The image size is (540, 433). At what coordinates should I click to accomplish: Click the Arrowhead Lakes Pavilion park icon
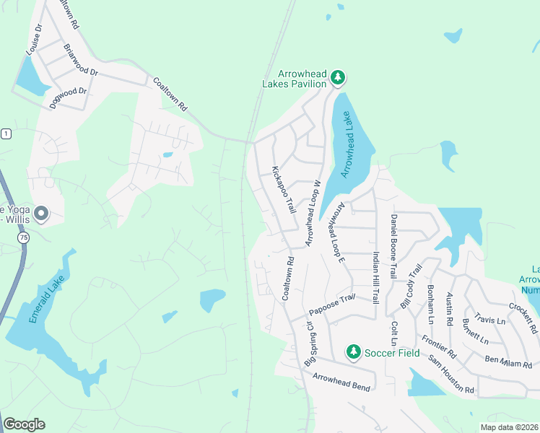point(337,76)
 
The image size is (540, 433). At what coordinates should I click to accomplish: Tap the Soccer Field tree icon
point(353,352)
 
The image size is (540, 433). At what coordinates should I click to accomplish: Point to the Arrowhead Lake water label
point(349,144)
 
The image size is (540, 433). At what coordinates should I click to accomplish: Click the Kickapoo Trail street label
point(284,190)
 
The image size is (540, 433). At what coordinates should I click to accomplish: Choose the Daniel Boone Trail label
point(393,246)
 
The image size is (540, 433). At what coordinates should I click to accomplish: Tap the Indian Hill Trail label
point(375,277)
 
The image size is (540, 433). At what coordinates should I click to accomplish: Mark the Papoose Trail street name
point(332,305)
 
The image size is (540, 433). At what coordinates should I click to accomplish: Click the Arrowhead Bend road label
point(341,382)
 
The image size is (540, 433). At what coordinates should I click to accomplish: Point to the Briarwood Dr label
point(81,62)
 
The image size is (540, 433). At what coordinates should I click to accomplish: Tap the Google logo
point(25,424)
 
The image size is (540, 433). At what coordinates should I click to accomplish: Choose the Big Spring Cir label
point(309,343)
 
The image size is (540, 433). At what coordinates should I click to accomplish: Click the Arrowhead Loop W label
point(313,214)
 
